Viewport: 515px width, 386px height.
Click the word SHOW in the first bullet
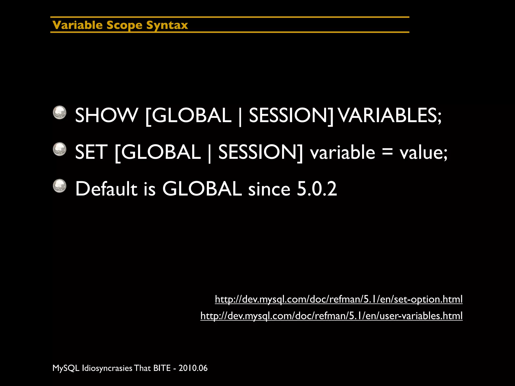pos(106,115)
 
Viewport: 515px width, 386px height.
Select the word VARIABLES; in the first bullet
pos(390,115)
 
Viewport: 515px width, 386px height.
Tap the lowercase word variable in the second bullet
pos(342,152)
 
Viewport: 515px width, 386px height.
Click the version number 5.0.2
pos(317,189)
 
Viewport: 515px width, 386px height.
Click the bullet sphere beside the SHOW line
pos(60,112)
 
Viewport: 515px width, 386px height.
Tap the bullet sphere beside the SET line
pos(60,149)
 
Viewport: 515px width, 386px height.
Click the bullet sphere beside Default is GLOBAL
pos(60,186)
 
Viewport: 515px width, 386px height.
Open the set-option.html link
pos(338,299)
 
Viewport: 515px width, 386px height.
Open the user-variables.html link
pos(331,316)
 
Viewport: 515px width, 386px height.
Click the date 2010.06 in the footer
pos(193,368)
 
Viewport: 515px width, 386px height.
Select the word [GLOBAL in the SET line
pos(158,152)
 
